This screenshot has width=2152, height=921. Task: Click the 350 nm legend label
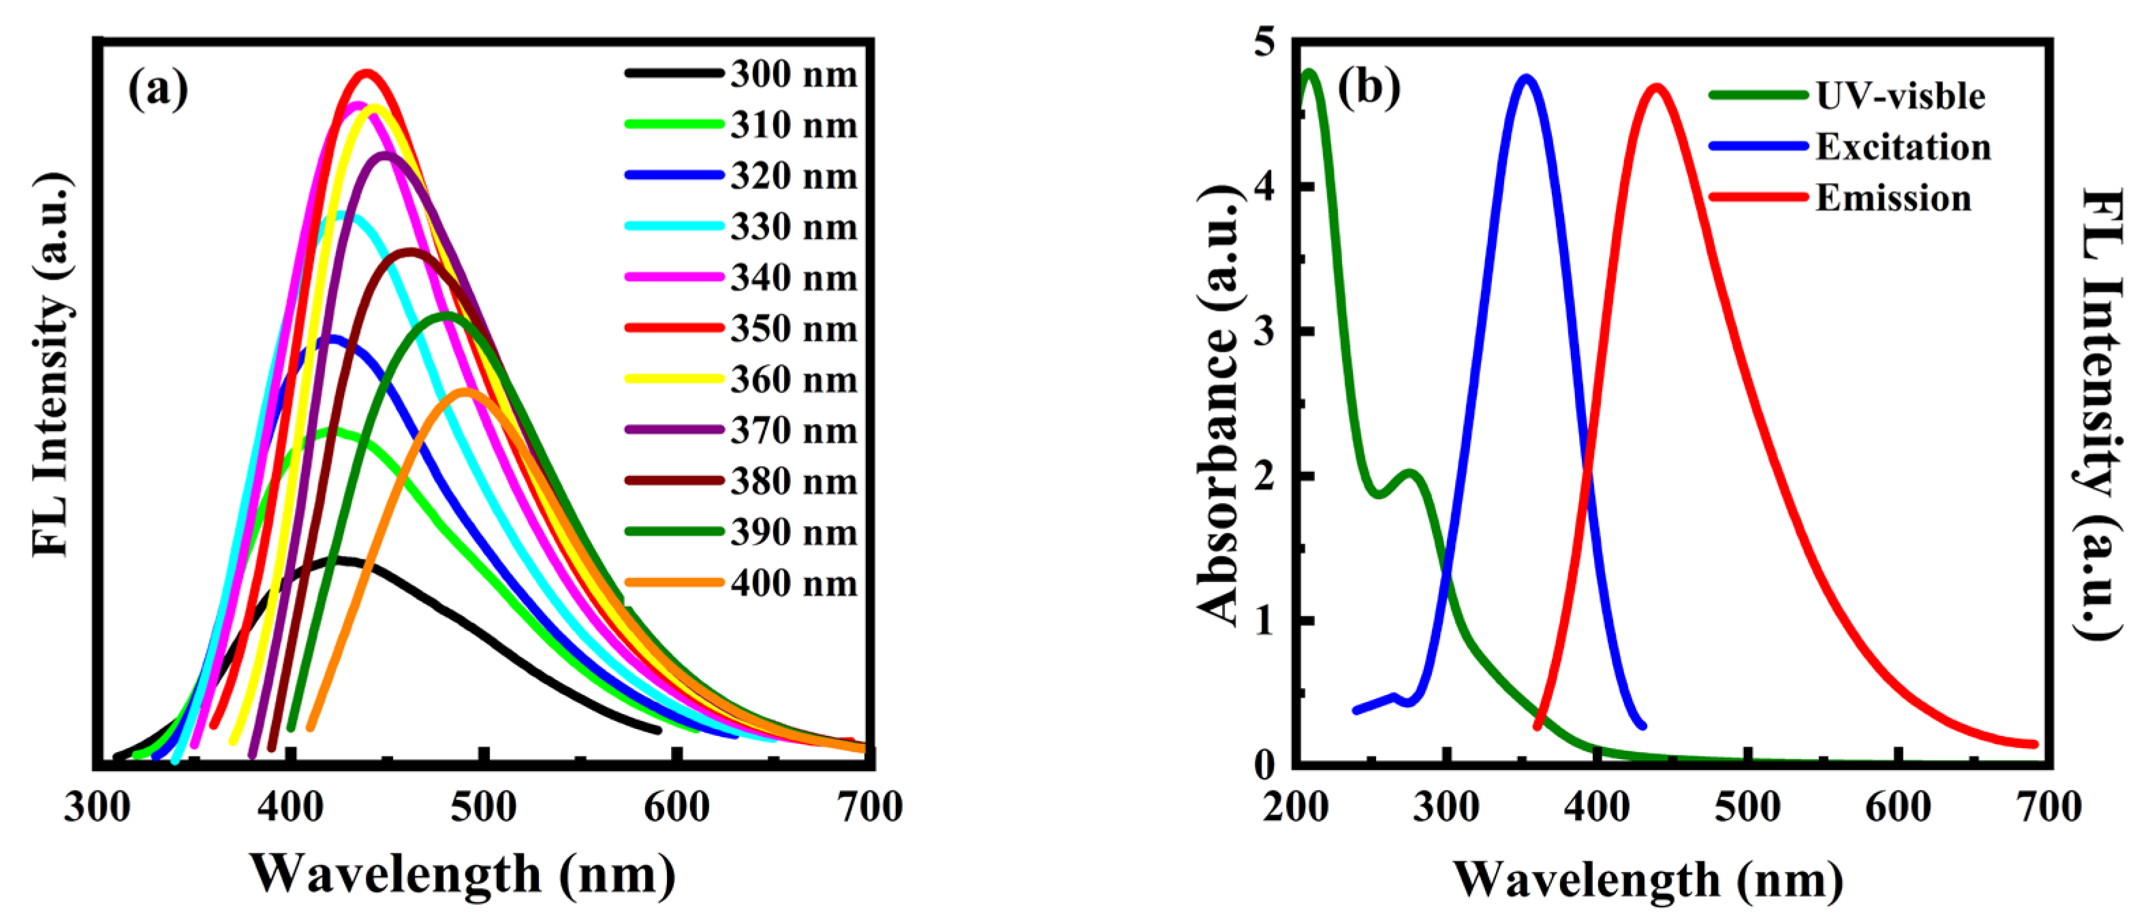794,329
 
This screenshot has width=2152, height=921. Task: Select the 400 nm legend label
794,583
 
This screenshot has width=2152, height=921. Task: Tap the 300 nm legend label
794,74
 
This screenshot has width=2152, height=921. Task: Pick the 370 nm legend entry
794,431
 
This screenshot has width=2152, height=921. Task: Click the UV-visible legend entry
1900,96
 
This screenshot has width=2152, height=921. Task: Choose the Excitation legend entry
1903,147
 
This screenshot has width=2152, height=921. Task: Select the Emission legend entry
1893,199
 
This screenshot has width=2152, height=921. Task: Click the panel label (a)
158,87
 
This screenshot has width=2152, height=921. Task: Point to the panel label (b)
1369,87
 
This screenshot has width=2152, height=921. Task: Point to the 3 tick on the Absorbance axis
1266,332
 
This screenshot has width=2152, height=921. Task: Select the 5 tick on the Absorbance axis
1266,42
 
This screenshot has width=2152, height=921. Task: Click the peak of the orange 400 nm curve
465,391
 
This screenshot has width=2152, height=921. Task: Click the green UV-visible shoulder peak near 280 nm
1411,474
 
